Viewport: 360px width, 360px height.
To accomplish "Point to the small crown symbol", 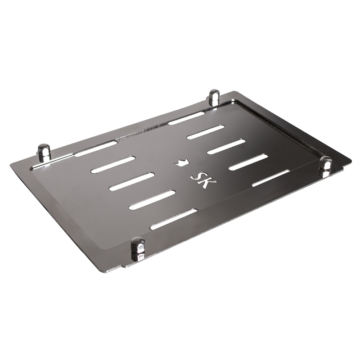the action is (182, 162).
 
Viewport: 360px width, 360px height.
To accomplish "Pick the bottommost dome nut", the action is (138, 248).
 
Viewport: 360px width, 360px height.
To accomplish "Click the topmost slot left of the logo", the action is (96, 149).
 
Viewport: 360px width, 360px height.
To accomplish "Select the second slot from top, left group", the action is (113, 165).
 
